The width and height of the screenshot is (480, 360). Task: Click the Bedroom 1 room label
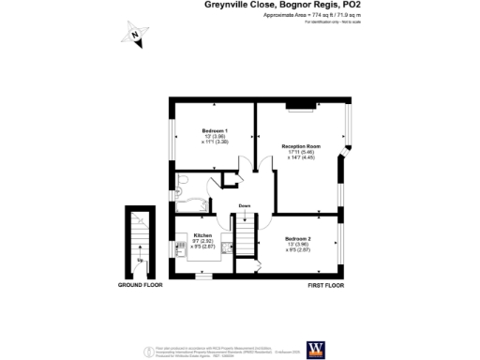(x=215, y=130)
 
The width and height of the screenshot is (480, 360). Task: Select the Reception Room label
(x=301, y=146)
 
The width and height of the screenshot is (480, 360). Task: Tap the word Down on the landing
(x=244, y=205)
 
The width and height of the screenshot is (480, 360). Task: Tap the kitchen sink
(x=178, y=249)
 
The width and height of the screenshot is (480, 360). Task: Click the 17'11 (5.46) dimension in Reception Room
(x=301, y=153)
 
